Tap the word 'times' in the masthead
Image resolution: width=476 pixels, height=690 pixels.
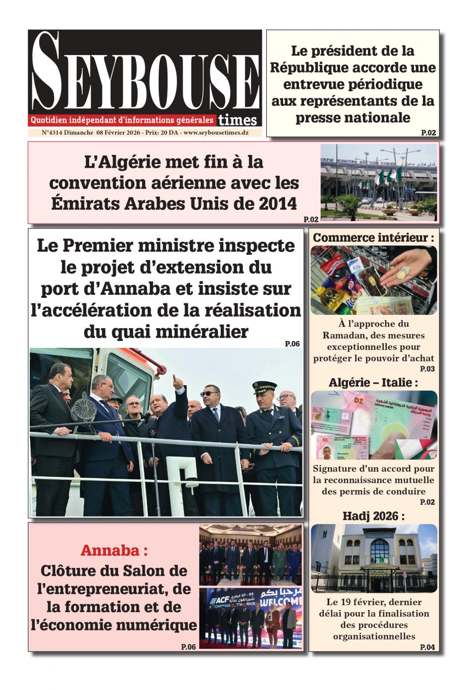pyautogui.click(x=238, y=120)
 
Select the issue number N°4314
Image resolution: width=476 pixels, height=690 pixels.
pyautogui.click(x=52, y=133)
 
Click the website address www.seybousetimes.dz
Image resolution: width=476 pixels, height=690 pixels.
pyautogui.click(x=216, y=133)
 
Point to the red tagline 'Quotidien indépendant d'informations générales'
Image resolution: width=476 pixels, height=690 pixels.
pyautogui.click(x=122, y=120)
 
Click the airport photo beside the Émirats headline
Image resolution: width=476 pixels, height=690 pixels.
pyautogui.click(x=379, y=182)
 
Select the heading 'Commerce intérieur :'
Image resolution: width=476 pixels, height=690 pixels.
pyautogui.click(x=373, y=238)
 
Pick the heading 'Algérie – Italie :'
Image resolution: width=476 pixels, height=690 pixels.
pyautogui.click(x=373, y=382)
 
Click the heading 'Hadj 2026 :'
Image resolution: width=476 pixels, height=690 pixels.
pyautogui.click(x=373, y=516)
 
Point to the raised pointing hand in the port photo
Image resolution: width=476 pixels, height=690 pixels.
pyautogui.click(x=177, y=382)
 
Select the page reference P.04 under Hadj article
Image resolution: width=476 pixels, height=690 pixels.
pyautogui.click(x=427, y=647)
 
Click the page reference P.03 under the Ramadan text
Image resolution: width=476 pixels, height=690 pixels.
pyautogui.click(x=427, y=369)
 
